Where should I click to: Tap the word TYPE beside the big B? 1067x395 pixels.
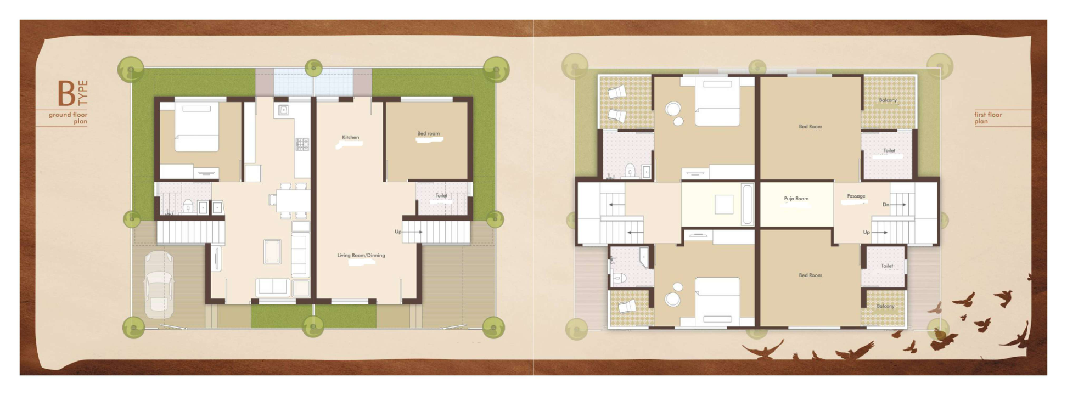click(x=82, y=93)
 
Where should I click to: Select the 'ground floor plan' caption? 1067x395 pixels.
click(x=68, y=118)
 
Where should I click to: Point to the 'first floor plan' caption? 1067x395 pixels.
click(x=988, y=118)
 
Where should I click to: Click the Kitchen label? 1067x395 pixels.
click(x=351, y=137)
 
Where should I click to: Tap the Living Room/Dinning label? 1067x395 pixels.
click(x=361, y=255)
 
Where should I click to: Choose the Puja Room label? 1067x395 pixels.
click(x=796, y=199)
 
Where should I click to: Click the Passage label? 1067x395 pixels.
click(x=856, y=196)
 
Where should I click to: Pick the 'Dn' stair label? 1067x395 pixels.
click(x=885, y=205)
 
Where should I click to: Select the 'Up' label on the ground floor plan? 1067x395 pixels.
click(x=398, y=232)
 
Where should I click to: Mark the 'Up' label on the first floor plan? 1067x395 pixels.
click(x=866, y=232)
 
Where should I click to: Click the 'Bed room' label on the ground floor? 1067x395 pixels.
click(x=428, y=133)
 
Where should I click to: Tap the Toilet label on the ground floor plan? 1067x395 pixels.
click(x=441, y=195)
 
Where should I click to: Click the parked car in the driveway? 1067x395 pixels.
click(x=159, y=284)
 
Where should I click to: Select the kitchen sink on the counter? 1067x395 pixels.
click(x=283, y=110)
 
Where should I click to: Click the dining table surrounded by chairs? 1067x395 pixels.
click(x=285, y=200)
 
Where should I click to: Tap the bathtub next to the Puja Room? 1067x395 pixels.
click(x=746, y=205)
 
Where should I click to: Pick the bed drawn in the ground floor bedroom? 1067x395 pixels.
click(x=196, y=127)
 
